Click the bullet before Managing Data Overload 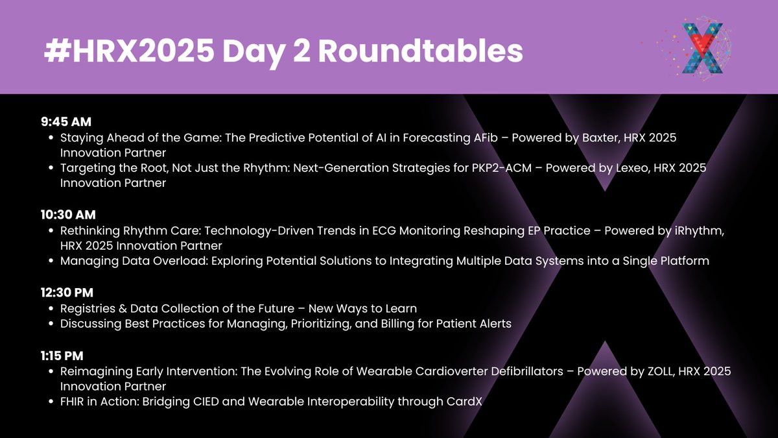pyautogui.click(x=52, y=262)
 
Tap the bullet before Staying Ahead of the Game pyautogui.click(x=52, y=138)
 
